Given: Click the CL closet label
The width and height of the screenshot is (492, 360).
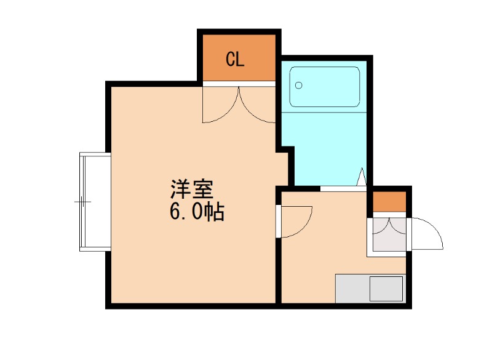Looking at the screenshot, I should click(235, 59).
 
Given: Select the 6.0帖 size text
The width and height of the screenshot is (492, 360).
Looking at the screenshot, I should click(196, 212).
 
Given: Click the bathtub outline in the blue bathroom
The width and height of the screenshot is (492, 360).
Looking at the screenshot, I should click(325, 86).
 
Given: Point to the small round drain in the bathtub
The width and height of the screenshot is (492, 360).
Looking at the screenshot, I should click(300, 86).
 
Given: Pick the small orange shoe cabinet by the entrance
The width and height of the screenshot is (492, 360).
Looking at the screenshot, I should click(387, 202).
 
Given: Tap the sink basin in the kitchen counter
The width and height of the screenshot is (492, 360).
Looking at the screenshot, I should click(385, 288).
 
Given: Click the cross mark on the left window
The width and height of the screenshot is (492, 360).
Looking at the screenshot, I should click(83, 201).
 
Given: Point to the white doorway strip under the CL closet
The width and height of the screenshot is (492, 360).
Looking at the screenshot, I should click(239, 84).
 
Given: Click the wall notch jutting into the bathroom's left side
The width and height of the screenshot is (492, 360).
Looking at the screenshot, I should click(285, 150).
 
